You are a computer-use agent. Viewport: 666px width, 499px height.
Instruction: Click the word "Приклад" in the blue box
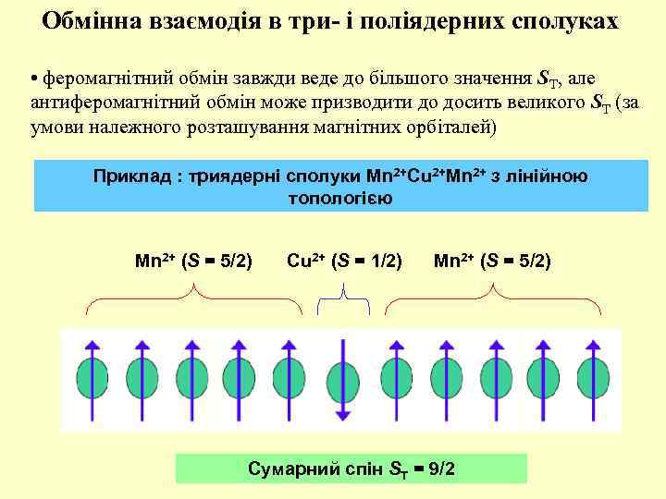point(131,176)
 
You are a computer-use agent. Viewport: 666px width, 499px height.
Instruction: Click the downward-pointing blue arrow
point(342,379)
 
